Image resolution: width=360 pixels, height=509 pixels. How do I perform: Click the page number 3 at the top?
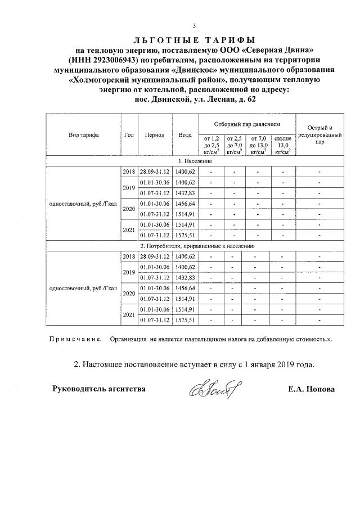193,26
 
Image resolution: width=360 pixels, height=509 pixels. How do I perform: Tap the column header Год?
129,135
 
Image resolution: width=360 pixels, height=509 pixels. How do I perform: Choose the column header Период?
154,135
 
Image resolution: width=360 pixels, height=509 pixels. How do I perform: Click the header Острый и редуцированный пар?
319,135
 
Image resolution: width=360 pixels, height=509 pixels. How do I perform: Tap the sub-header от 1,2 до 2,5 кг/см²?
210,145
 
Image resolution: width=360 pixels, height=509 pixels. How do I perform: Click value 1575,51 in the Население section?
184,235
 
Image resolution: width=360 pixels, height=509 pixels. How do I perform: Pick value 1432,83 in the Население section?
184,193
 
